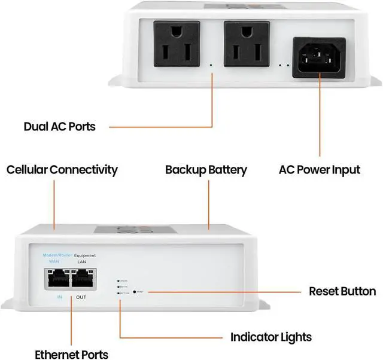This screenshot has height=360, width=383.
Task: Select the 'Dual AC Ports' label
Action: point(59,127)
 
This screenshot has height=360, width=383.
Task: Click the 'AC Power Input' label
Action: point(320,170)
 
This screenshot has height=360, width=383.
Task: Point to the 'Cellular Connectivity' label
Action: point(62,170)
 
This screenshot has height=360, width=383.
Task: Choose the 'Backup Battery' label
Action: point(206,170)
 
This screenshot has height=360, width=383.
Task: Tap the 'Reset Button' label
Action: point(342,292)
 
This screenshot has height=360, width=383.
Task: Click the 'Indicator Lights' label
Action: point(271,337)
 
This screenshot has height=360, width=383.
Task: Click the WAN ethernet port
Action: point(57,279)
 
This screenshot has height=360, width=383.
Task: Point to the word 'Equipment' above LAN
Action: point(85,255)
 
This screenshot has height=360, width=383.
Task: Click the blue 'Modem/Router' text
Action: point(57,255)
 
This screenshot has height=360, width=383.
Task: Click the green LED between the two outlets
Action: point(211,64)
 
